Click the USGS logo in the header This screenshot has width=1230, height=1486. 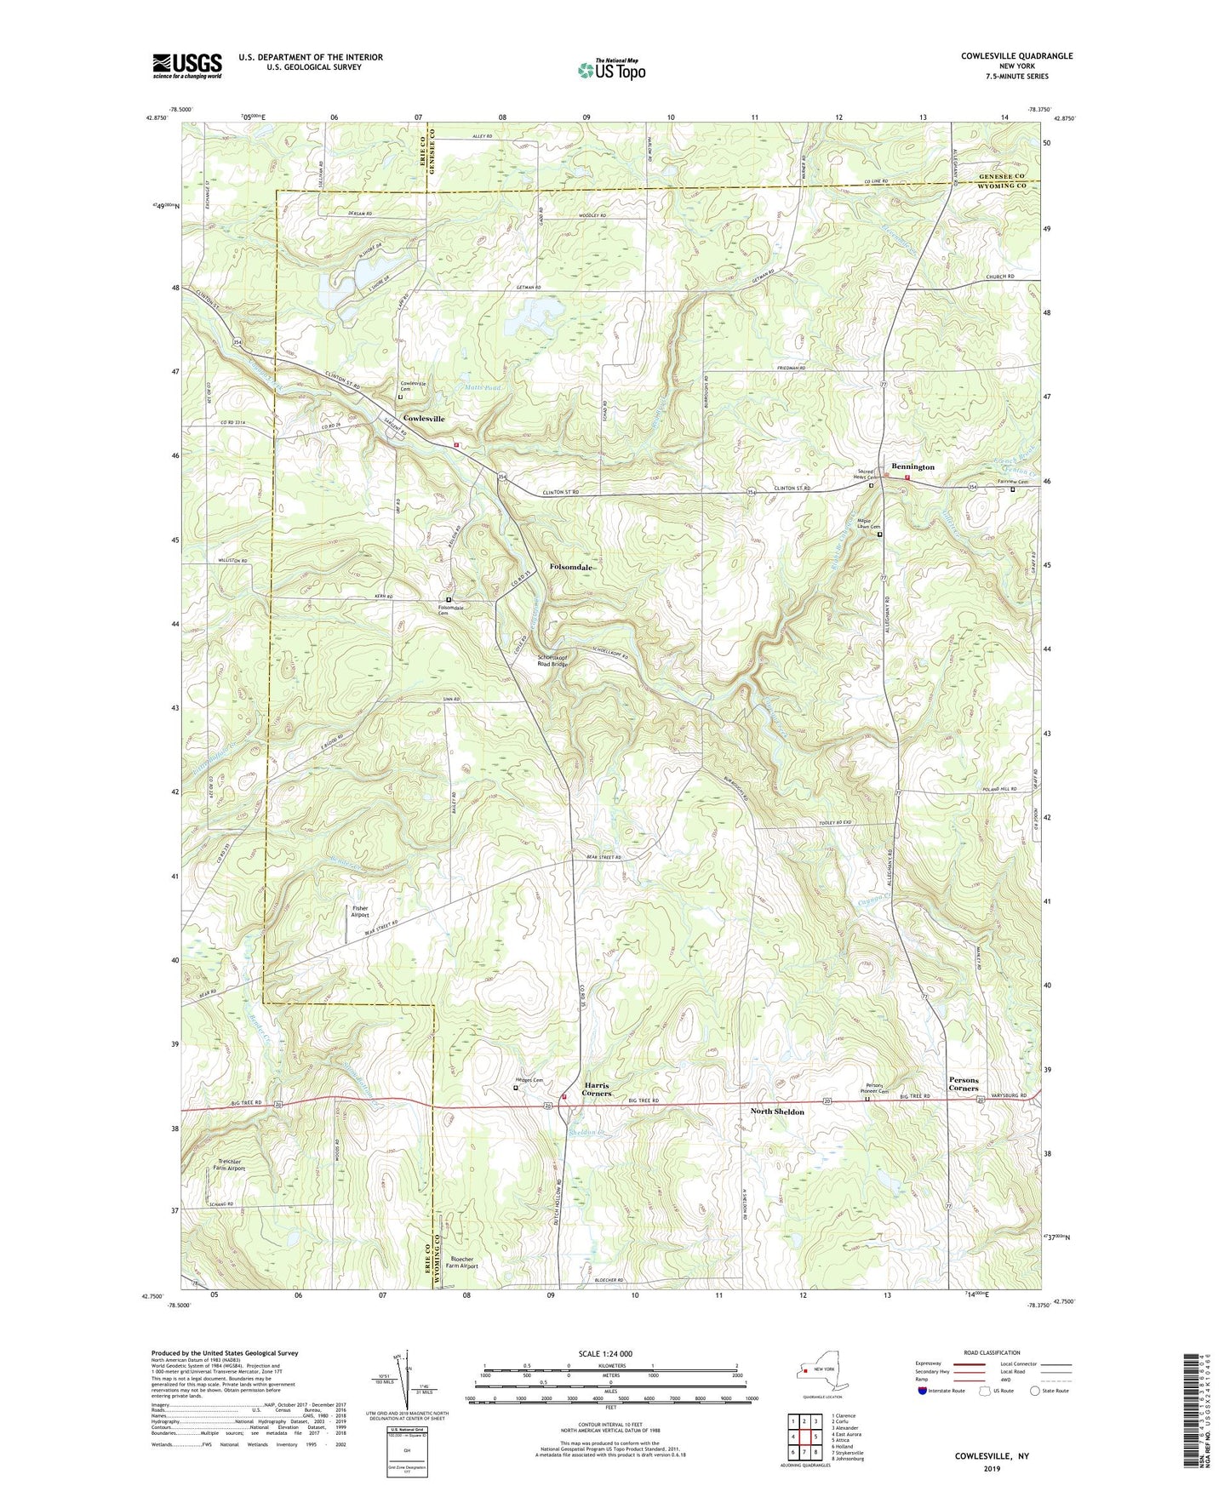(186, 66)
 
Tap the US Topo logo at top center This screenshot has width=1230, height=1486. (611, 70)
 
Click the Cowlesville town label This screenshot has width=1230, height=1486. (424, 419)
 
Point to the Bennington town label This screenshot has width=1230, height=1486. (912, 467)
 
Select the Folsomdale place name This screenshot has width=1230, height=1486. (570, 567)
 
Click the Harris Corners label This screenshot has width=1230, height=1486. (597, 1089)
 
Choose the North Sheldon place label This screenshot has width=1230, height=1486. (776, 1112)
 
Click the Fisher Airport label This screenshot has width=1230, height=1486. (360, 912)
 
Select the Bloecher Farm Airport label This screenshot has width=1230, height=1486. (461, 1262)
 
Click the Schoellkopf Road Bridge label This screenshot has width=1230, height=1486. (552, 660)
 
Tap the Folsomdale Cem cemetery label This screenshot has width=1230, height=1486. (451, 610)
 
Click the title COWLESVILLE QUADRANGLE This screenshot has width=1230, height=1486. (1016, 56)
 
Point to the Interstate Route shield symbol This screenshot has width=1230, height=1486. (924, 1392)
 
